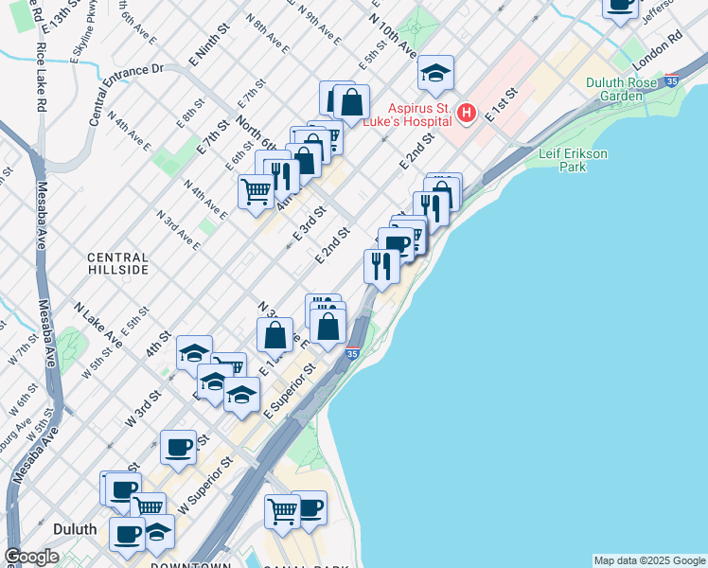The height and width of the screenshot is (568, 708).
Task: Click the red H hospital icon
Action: (466, 114)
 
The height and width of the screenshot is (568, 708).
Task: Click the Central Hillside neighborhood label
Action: (118, 263)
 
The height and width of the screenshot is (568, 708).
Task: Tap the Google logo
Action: (31, 557)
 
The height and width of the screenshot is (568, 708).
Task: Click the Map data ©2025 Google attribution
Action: (649, 560)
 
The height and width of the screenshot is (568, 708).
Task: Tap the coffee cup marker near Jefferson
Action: (620, 5)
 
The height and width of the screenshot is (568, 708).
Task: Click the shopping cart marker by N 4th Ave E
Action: (256, 191)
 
